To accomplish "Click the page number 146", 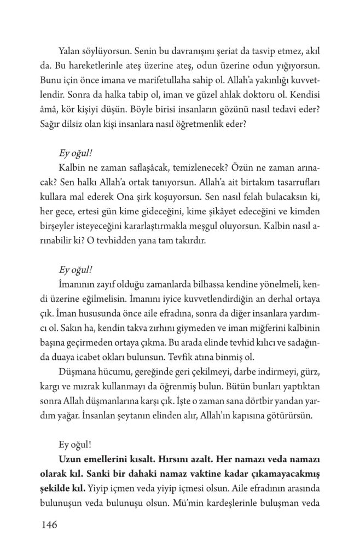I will (49, 526).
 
